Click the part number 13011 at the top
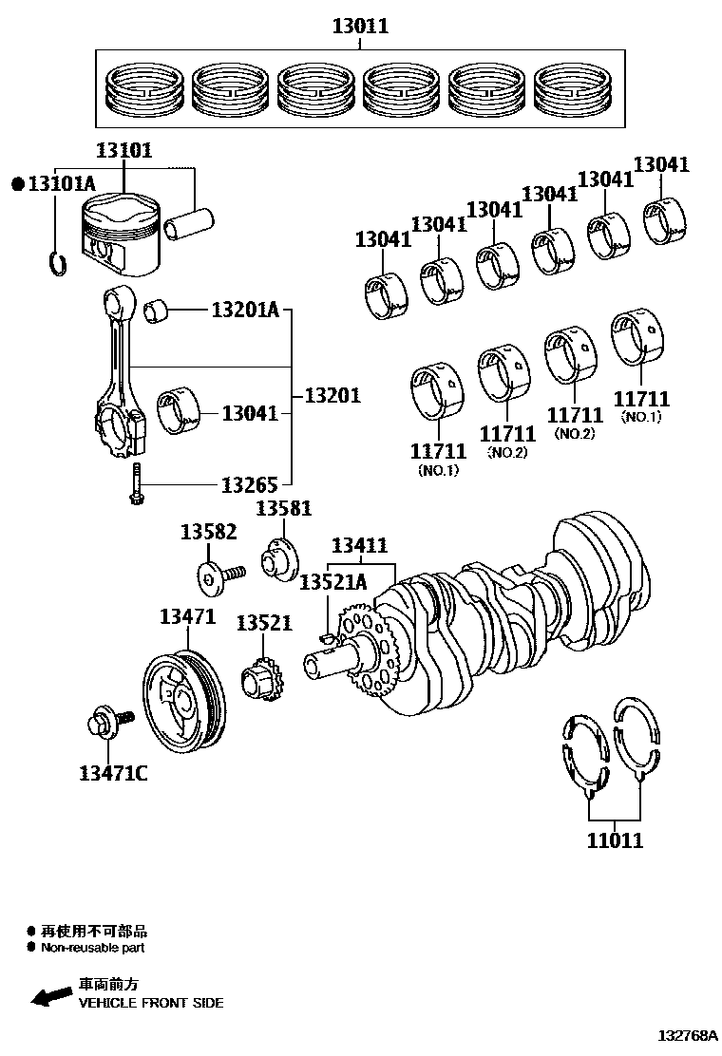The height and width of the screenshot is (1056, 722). coord(360,27)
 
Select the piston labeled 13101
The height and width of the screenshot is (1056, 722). coord(118,236)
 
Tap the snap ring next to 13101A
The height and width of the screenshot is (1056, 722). coord(57,261)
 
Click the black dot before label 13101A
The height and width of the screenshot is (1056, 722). coord(16,183)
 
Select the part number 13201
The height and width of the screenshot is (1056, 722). coord(332,395)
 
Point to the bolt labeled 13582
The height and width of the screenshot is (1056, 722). coord(219,575)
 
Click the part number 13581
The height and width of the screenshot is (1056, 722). coord(283,509)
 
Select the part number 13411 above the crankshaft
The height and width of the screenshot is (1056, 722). coord(359,545)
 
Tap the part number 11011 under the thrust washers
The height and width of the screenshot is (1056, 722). coord(615,839)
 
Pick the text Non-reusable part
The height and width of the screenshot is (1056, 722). coord(92,947)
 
